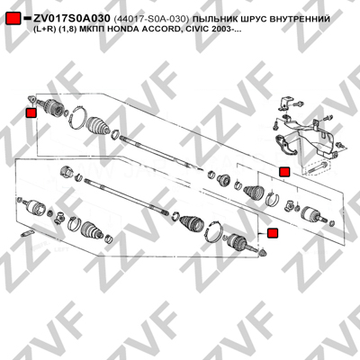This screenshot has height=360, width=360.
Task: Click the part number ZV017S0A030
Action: click(x=72, y=19)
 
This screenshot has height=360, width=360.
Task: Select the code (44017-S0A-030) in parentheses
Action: click(x=151, y=19)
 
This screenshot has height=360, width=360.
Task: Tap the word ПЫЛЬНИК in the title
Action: click(x=214, y=19)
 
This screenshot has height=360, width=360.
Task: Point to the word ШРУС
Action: click(x=251, y=19)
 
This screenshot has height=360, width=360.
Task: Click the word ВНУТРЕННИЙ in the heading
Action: click(x=299, y=19)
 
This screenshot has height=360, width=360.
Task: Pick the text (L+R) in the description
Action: click(x=43, y=30)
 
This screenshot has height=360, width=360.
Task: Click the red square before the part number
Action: click(x=13, y=19)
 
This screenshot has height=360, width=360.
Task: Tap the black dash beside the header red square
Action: click(x=27, y=19)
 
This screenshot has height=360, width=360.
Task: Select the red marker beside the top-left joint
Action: click(x=31, y=113)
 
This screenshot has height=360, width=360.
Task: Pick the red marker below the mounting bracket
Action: click(x=284, y=172)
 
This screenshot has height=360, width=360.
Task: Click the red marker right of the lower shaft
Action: click(x=273, y=233)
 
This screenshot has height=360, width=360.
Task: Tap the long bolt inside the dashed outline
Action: click(x=318, y=167)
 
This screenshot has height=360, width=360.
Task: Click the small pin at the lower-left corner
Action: click(x=26, y=233)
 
